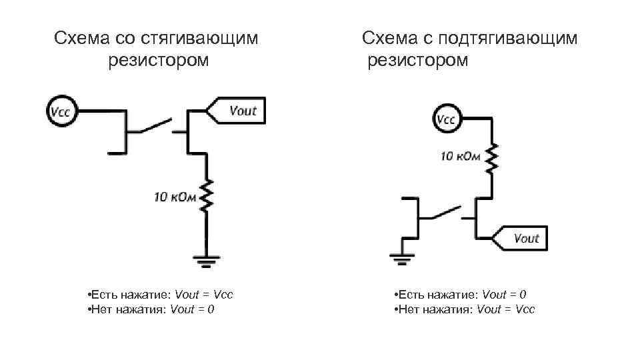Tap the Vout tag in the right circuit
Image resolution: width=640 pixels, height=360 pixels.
point(522,238)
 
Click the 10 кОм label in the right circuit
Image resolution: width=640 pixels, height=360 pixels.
point(459,156)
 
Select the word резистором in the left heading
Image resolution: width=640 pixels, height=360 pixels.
point(157,61)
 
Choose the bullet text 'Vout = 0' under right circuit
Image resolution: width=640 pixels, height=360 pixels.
point(504,295)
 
